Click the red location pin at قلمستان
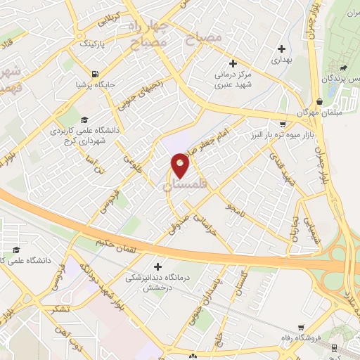[180, 165]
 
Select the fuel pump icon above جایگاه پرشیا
[94, 72]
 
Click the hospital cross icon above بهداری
[282, 49]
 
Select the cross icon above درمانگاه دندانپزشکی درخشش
[157, 267]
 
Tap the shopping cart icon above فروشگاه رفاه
[301, 328]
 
